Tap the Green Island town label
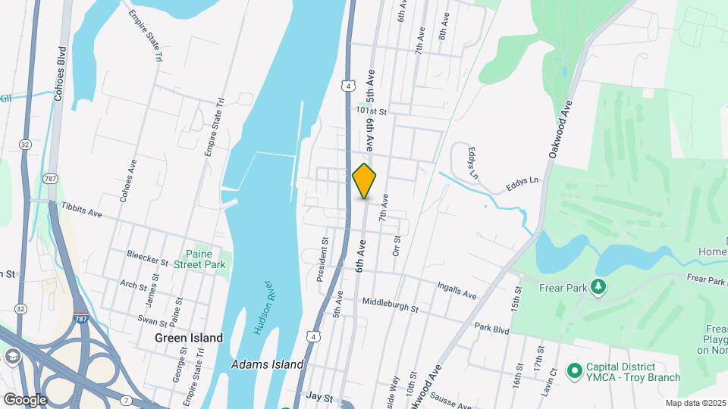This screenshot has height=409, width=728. [189, 338]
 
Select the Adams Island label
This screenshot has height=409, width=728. [268, 364]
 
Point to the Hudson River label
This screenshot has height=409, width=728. [265, 308]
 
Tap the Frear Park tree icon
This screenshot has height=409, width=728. [600, 286]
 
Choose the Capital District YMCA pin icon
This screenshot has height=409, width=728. [575, 370]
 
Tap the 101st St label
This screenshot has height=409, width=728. [372, 111]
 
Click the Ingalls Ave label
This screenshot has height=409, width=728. [457, 290]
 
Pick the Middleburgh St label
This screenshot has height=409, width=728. [390, 304]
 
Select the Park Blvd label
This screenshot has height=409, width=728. [491, 329]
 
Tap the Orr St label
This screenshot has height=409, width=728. [396, 245]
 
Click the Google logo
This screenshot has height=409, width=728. [25, 399]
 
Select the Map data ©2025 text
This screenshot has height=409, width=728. [695, 403]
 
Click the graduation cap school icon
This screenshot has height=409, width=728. [11, 356]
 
